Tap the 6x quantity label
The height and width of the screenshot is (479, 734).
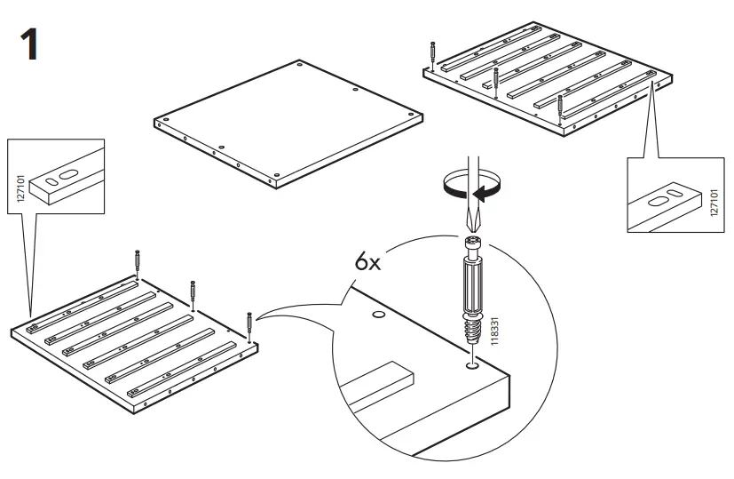367,263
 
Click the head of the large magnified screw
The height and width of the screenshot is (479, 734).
471,243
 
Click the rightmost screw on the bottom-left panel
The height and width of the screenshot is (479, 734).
250,323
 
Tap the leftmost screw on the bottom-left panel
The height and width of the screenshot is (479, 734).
137,263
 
